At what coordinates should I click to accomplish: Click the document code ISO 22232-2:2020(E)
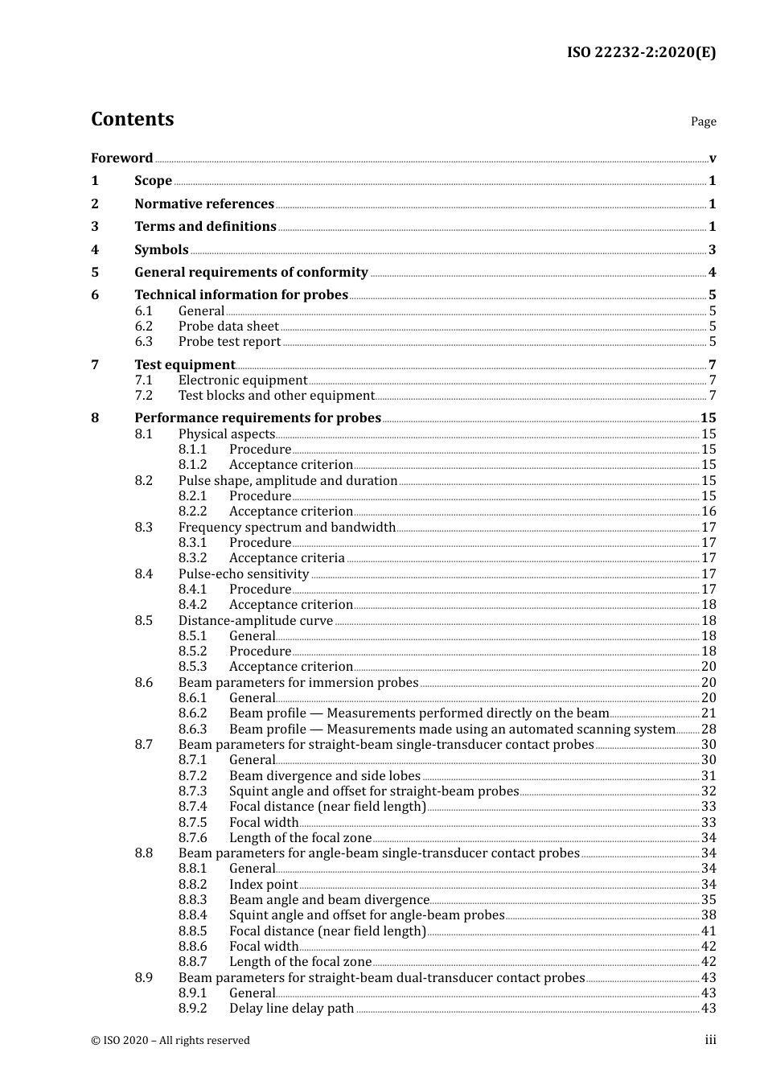pyautogui.click(x=641, y=52)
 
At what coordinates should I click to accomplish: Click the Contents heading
pyautogui.click(x=132, y=119)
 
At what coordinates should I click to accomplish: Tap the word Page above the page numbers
pyautogui.click(x=703, y=121)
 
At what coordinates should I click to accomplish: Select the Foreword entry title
pyautogui.click(x=121, y=158)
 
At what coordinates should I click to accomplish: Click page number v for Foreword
pyautogui.click(x=713, y=158)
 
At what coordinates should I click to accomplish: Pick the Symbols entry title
pyautogui.click(x=161, y=249)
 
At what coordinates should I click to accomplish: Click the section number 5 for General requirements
pyautogui.click(x=95, y=272)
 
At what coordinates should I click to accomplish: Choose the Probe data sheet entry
pyautogui.click(x=228, y=326)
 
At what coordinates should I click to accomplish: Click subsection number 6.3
pyautogui.click(x=143, y=341)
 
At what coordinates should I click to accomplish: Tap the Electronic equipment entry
pyautogui.click(x=242, y=380)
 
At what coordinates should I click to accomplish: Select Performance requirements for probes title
pyautogui.click(x=257, y=417)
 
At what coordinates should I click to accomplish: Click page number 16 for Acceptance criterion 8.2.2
pyautogui.click(x=709, y=512)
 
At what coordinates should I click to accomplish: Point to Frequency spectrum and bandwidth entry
pyautogui.click(x=287, y=527)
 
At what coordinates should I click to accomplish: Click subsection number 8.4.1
pyautogui.click(x=192, y=589)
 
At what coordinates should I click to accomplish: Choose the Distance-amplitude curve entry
pyautogui.click(x=255, y=620)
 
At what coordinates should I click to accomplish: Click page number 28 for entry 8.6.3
pyautogui.click(x=709, y=729)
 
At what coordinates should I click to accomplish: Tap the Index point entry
pyautogui.click(x=263, y=884)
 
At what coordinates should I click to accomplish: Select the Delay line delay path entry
pyautogui.click(x=291, y=1008)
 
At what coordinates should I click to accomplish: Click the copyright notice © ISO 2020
pyautogui.click(x=170, y=1040)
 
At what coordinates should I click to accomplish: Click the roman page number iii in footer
pyautogui.click(x=710, y=1040)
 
